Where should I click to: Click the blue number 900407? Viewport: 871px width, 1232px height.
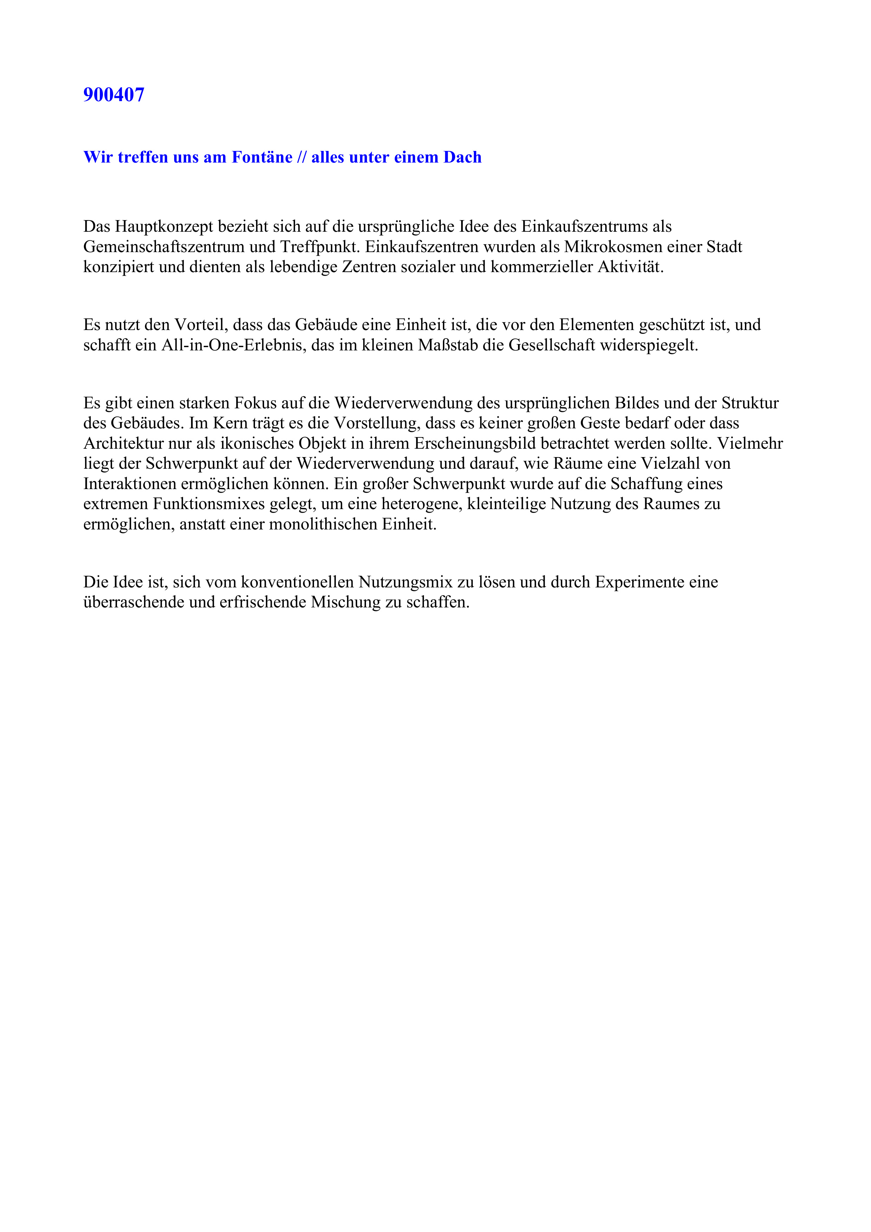point(114,95)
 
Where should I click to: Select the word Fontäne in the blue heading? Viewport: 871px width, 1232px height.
point(262,157)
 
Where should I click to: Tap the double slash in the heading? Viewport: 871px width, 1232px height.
point(302,157)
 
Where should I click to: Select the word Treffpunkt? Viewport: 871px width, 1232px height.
point(319,247)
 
